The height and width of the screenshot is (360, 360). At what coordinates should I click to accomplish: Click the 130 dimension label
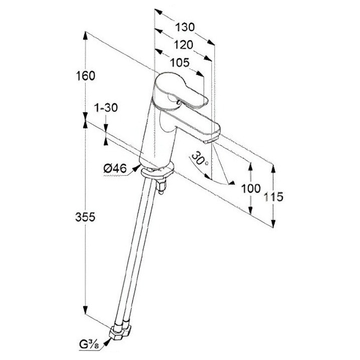(185, 27)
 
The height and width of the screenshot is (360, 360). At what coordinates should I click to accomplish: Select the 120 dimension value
(183, 45)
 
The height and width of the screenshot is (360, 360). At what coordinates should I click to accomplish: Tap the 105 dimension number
(180, 63)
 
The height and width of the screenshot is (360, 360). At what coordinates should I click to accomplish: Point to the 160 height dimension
(86, 76)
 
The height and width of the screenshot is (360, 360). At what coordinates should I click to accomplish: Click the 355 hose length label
(85, 217)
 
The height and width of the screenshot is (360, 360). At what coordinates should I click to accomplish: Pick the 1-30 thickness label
(106, 108)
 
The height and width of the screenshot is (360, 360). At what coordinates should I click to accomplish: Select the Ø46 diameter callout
(115, 169)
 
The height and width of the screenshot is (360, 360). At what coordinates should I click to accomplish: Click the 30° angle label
(199, 159)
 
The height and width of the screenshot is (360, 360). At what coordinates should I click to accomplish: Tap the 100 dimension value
(251, 188)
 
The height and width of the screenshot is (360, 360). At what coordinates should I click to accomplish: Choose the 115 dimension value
(273, 197)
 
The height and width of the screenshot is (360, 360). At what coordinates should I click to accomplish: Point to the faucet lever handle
(181, 91)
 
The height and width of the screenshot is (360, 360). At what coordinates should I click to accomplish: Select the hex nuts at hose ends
(120, 330)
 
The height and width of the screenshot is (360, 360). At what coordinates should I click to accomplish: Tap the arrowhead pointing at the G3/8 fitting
(107, 342)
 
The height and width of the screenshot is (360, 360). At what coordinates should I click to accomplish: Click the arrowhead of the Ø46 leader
(137, 168)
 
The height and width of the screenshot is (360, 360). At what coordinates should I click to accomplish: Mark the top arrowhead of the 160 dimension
(86, 36)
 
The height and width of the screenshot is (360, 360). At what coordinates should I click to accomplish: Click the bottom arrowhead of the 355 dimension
(86, 310)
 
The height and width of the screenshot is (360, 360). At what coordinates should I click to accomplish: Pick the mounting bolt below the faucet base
(161, 186)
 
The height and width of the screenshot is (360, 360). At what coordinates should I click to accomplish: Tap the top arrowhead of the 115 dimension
(273, 169)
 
